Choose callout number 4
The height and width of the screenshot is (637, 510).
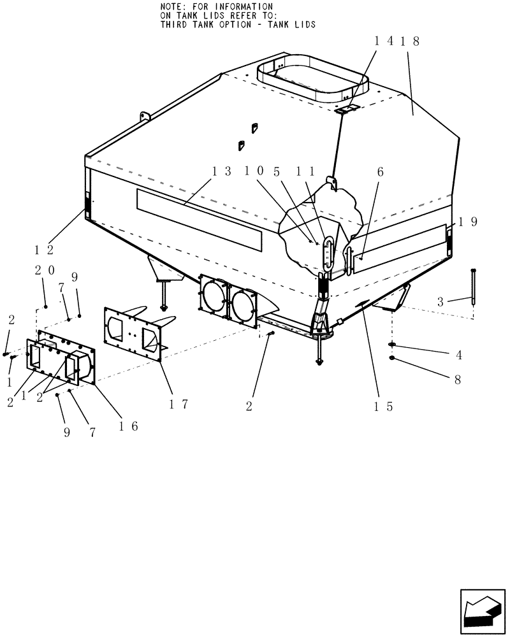point(458,354)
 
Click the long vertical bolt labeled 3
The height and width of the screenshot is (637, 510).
point(472,287)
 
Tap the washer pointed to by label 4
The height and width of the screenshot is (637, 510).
point(392,345)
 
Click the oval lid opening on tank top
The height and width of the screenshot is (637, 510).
point(312,80)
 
